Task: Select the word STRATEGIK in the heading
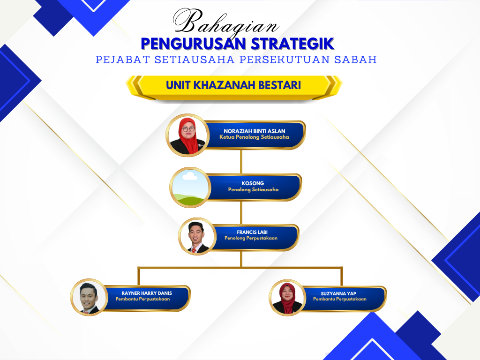click(292, 44)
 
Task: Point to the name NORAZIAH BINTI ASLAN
click(255, 131)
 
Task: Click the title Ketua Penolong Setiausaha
click(254, 137)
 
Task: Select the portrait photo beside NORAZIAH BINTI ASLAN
click(187, 135)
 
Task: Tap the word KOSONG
click(253, 183)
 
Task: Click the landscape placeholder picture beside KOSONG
click(190, 187)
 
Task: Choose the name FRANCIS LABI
click(252, 232)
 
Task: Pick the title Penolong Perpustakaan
click(251, 238)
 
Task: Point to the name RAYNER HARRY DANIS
click(147, 293)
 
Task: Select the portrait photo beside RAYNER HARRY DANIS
click(89, 297)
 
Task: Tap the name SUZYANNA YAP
click(338, 293)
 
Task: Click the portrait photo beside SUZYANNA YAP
click(287, 298)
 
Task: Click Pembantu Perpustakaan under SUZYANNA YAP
click(340, 299)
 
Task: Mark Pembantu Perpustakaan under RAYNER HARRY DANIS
click(142, 299)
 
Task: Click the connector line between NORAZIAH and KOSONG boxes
click(241, 162)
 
